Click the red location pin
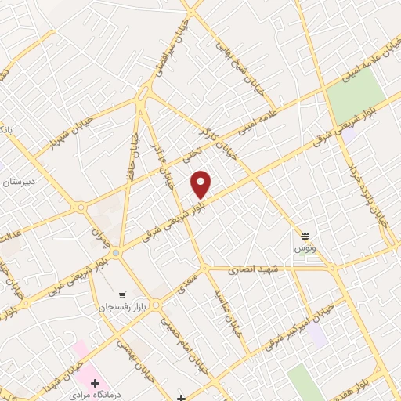coord(201,183)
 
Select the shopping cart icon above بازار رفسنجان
coord(121,293)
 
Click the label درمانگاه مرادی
coord(95,396)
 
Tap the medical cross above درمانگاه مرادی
coord(95,384)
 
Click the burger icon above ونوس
coord(305,235)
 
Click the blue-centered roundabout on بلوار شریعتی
coord(116,252)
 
